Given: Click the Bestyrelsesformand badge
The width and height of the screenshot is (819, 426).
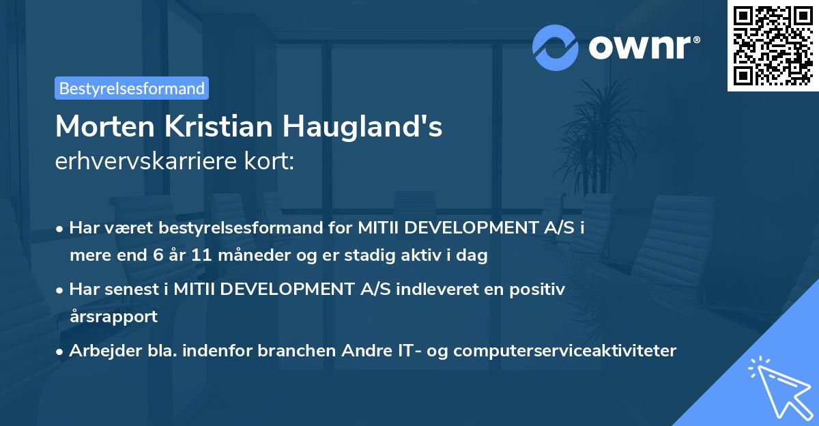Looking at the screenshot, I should [132, 88].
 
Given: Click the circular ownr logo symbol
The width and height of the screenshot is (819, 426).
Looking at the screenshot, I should [556, 48].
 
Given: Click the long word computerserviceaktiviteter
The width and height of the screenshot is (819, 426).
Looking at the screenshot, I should [564, 351].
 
